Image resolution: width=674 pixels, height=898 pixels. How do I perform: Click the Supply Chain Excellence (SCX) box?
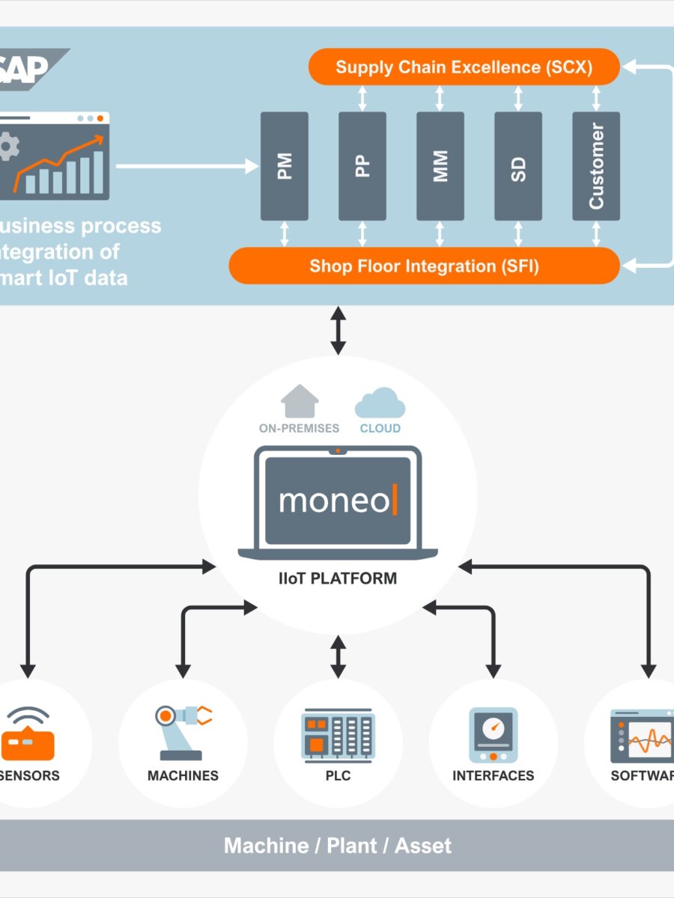[464, 67]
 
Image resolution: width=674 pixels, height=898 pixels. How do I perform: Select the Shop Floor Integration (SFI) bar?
[424, 266]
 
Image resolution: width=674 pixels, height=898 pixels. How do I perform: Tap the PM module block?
[285, 166]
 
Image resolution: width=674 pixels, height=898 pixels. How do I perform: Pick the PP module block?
[362, 166]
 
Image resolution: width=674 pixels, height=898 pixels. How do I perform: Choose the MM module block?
[440, 166]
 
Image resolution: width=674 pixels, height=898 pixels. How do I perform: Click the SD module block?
[518, 166]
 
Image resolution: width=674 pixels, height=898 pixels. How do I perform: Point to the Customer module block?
[596, 166]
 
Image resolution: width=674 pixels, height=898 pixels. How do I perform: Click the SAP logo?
[30, 67]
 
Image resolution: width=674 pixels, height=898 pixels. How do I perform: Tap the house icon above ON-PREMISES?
[300, 401]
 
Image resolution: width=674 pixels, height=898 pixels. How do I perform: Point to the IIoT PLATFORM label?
[338, 578]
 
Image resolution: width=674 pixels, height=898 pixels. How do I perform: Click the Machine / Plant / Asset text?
[338, 846]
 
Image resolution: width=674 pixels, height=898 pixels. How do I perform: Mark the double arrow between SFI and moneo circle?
[338, 330]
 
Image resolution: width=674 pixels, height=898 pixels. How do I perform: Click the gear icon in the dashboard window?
[7, 147]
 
